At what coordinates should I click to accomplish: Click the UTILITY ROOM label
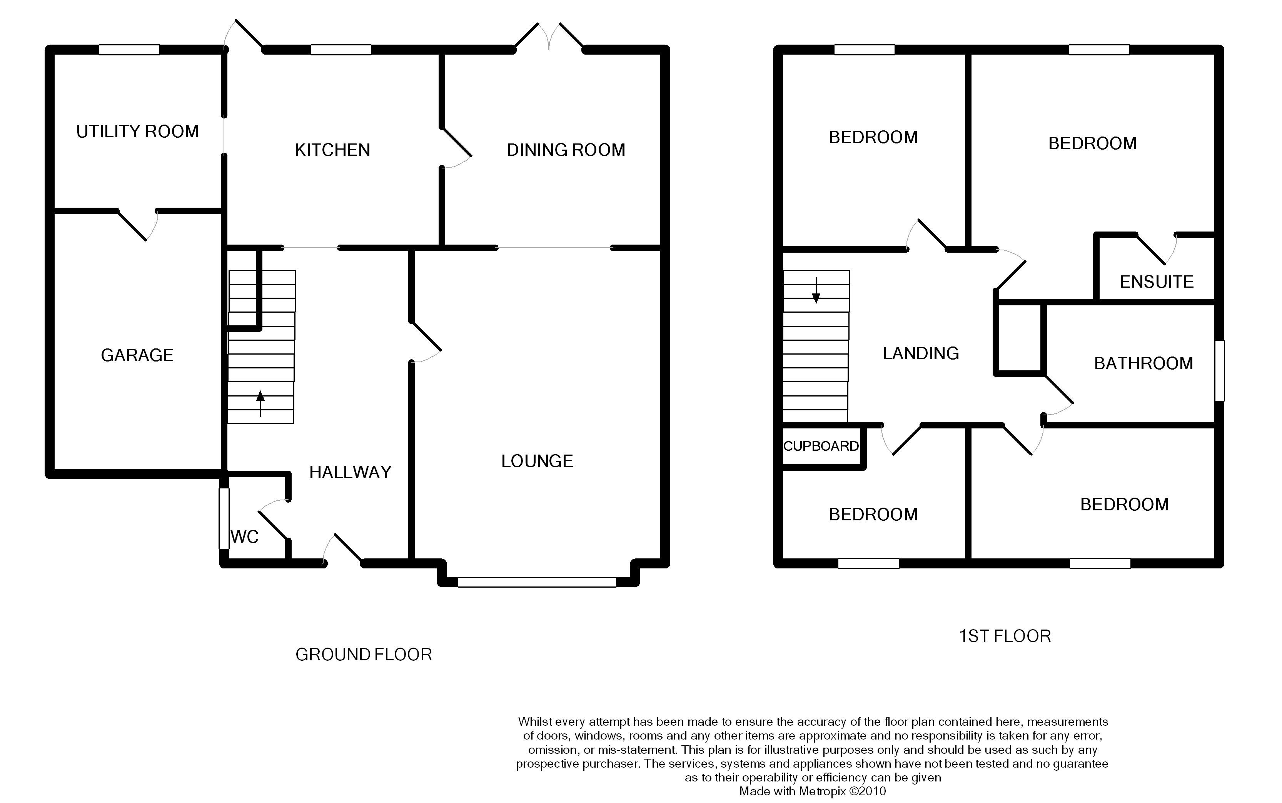(x=138, y=131)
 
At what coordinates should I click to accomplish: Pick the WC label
(x=244, y=537)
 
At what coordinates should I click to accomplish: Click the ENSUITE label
(x=1157, y=282)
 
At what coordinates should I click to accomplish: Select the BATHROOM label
(x=1143, y=363)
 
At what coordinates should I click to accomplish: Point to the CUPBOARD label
(x=821, y=446)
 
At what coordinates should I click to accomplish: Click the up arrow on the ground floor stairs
(x=260, y=404)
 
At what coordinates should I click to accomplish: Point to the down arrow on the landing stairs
(x=816, y=290)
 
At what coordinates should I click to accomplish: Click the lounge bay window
(x=537, y=582)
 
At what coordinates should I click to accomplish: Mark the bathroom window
(x=1220, y=370)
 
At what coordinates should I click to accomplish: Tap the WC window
(x=224, y=518)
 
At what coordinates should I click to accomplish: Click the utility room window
(x=129, y=49)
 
